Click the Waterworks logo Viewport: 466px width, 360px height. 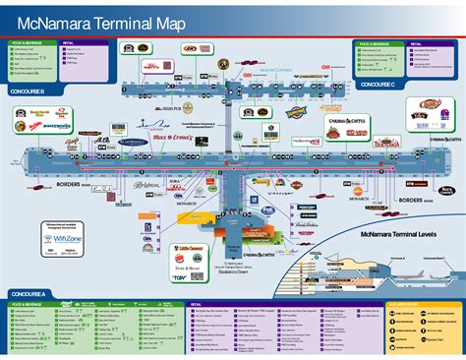pyautogui.click(x=55, y=127)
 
